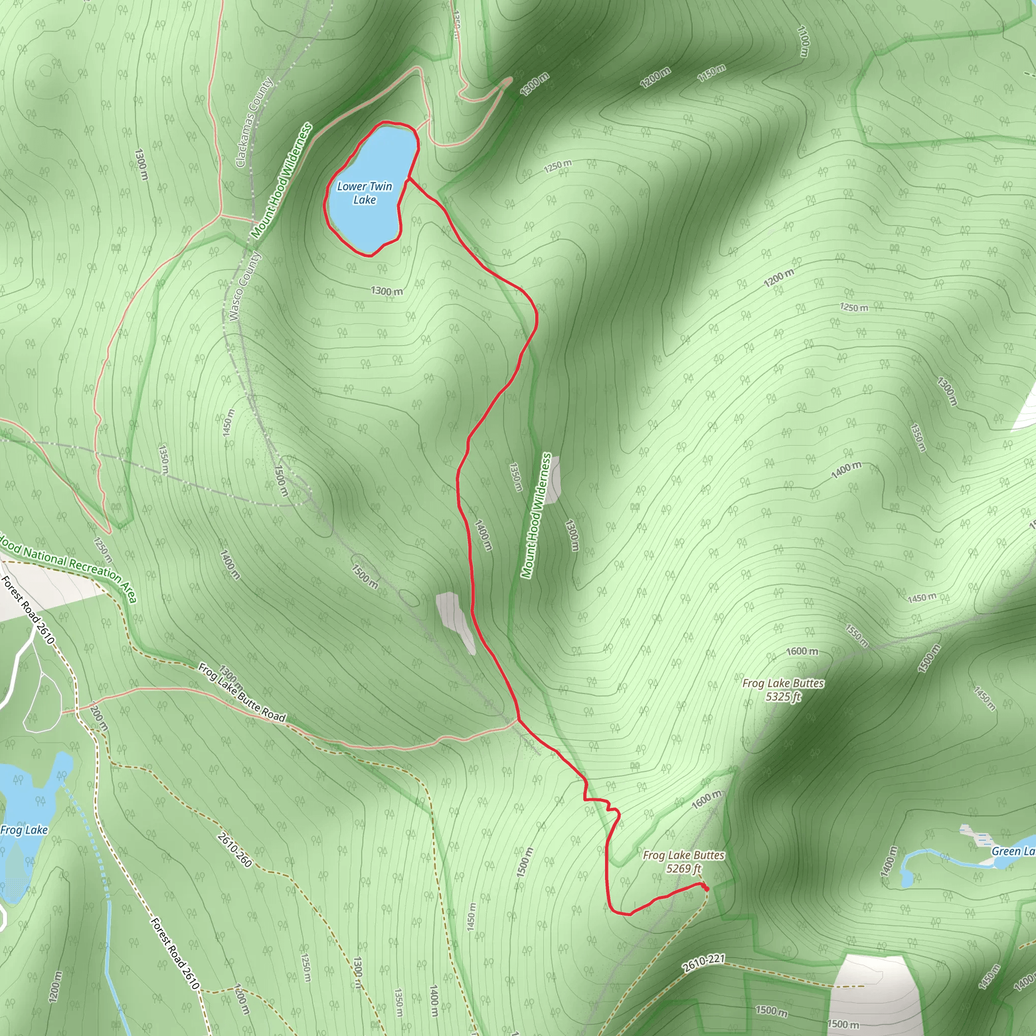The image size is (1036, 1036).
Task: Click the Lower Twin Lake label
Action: click(x=364, y=193)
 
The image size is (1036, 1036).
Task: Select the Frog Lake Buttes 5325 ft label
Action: click(x=783, y=689)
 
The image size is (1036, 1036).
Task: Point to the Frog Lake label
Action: click(x=24, y=830)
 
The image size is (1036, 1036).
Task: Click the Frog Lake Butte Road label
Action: click(x=242, y=693)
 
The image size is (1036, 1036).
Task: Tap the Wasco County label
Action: click(x=244, y=286)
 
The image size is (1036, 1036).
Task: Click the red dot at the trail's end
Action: click(x=706, y=889)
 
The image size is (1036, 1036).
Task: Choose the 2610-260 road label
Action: click(x=235, y=850)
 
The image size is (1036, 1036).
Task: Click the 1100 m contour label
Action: click(x=803, y=41)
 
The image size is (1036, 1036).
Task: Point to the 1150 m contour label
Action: click(x=712, y=73)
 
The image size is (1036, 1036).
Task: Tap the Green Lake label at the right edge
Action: click(x=1012, y=851)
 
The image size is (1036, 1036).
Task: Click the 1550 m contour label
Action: click(x=856, y=635)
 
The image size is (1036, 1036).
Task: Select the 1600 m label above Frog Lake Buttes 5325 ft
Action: click(x=802, y=651)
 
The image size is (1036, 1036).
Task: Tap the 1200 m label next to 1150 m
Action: click(x=655, y=78)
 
